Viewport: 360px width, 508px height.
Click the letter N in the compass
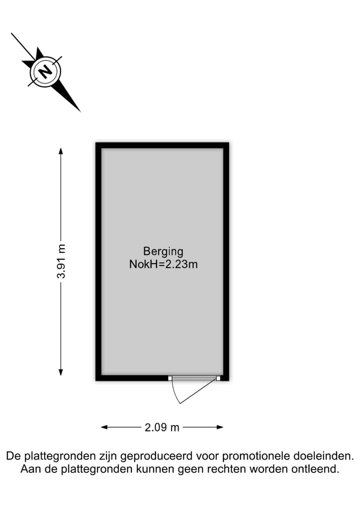pos(45,71)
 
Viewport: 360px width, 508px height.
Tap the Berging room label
pos(163,252)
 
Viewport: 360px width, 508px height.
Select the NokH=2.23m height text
pos(163,264)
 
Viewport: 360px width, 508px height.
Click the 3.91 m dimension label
pos(61,261)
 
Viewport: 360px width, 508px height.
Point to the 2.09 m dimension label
pos(162,427)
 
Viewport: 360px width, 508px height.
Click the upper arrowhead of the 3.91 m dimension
pos(60,151)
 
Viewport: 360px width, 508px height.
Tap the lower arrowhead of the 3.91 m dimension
pos(60,372)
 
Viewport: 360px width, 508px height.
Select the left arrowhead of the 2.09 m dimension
pos(104,427)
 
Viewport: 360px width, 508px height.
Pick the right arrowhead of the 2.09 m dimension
pos(219,427)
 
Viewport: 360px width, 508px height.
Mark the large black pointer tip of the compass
pos(80,111)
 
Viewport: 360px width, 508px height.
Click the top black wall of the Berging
pos(162,145)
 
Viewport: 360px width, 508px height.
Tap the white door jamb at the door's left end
pos(170,378)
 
